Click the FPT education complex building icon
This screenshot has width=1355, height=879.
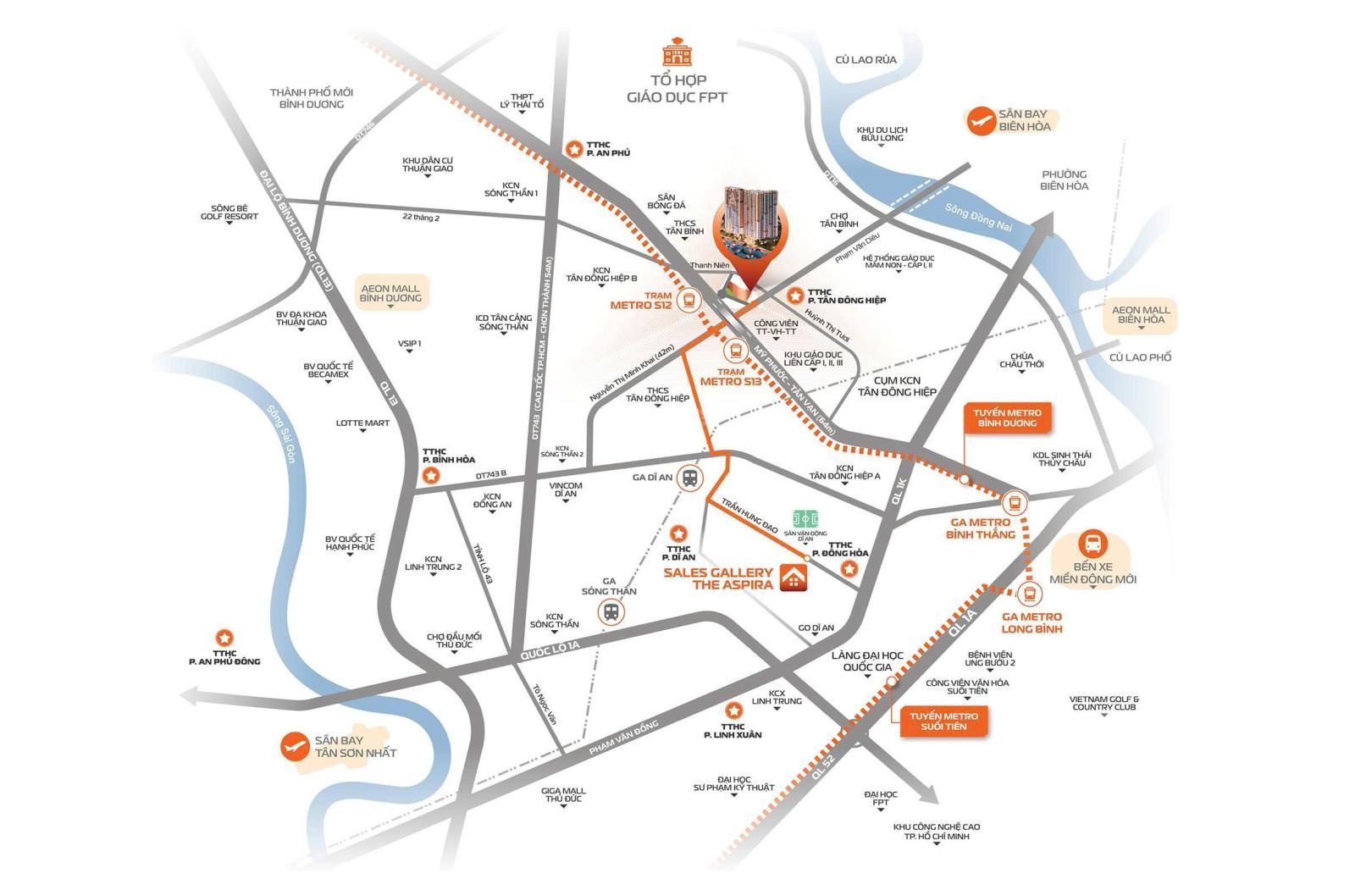point(677,53)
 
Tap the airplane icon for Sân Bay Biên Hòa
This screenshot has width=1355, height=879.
point(981,120)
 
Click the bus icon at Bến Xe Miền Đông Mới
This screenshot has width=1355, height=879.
point(1092,544)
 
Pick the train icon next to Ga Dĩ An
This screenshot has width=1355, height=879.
point(691,478)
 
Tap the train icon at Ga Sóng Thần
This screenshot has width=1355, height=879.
point(610,611)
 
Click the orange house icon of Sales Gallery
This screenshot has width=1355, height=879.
point(794,578)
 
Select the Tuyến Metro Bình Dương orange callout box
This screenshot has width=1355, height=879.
point(1007,417)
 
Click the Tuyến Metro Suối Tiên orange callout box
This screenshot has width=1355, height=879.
point(943,721)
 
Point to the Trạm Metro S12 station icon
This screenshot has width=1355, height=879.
point(689,299)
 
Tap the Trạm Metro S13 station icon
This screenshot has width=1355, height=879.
point(736,349)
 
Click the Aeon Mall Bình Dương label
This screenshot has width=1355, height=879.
point(390,293)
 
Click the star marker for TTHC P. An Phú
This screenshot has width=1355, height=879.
point(574,148)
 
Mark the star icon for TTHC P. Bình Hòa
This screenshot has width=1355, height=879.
point(432,476)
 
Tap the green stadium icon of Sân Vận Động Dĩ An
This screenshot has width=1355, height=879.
point(805,517)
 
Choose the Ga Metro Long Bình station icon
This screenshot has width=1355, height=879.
point(1030,594)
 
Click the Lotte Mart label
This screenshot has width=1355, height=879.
point(362,423)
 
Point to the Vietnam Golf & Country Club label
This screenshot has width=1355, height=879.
point(1103,703)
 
